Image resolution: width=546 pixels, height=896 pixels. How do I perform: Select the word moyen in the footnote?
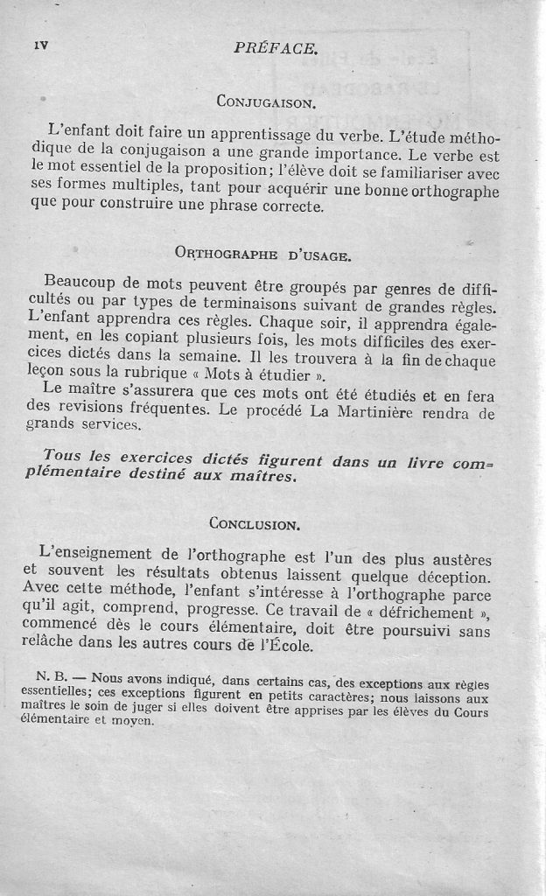(132, 722)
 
